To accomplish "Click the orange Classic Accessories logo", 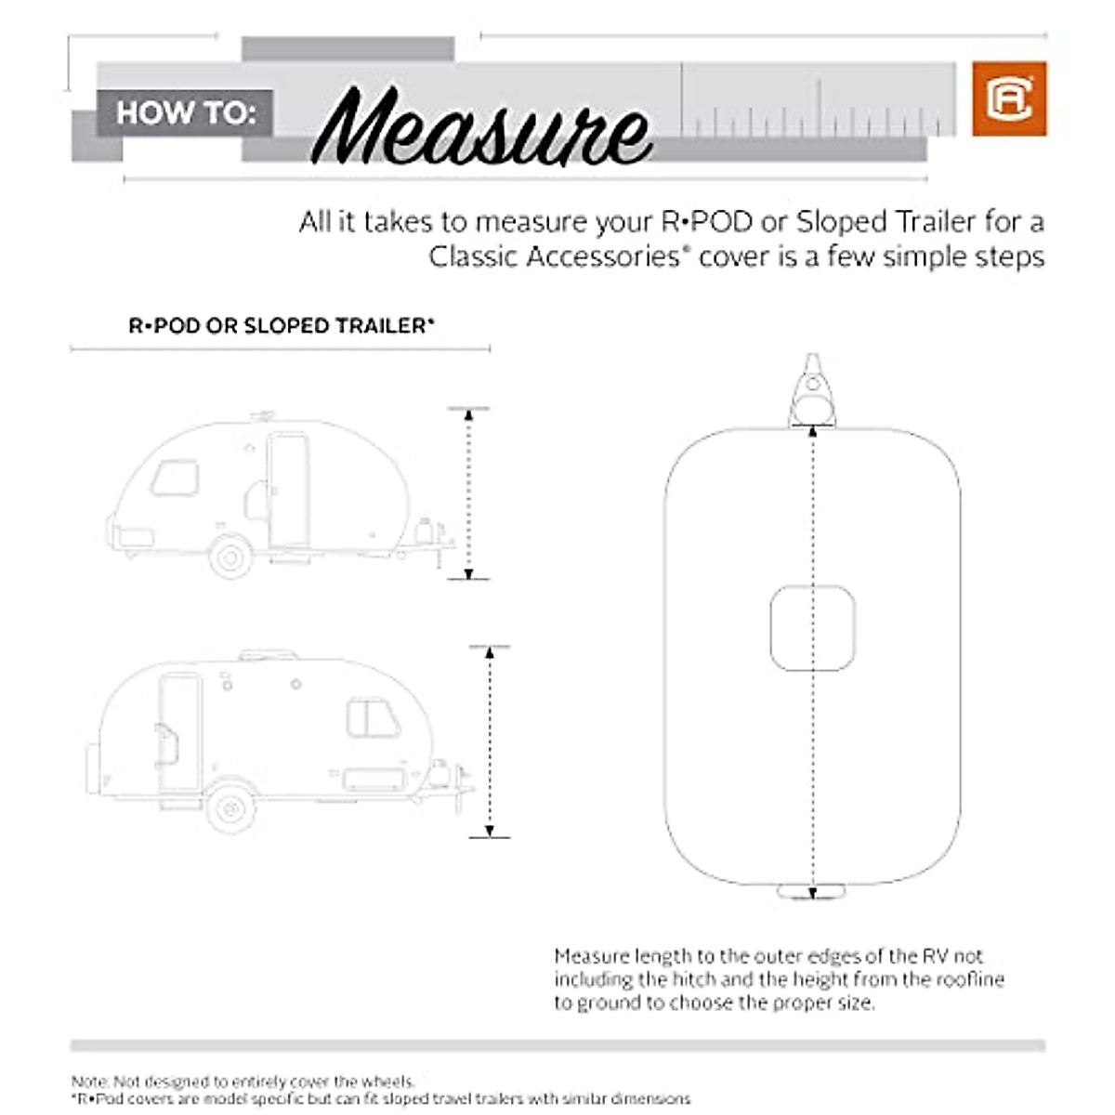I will [1009, 99].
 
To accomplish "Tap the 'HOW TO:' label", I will [185, 112].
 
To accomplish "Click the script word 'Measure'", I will [481, 127].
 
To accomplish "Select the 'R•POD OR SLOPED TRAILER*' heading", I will [281, 326].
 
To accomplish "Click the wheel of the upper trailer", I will [230, 557].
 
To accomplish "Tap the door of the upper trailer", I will [288, 490].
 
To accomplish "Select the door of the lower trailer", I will [179, 733].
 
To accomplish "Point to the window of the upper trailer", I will [175, 478].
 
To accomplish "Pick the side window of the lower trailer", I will [373, 718].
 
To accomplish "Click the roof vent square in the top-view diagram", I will [812, 628].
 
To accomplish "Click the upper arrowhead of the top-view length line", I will [813, 430].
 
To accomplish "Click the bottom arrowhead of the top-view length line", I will [812, 893].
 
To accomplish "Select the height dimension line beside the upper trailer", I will [468, 493].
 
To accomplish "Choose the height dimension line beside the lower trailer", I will [490, 741].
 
